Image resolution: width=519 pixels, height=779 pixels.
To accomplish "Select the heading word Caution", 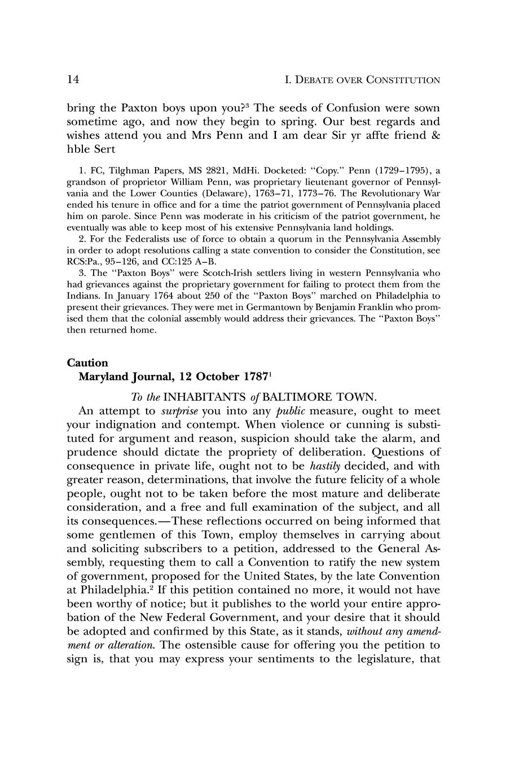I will pos(87,362).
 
